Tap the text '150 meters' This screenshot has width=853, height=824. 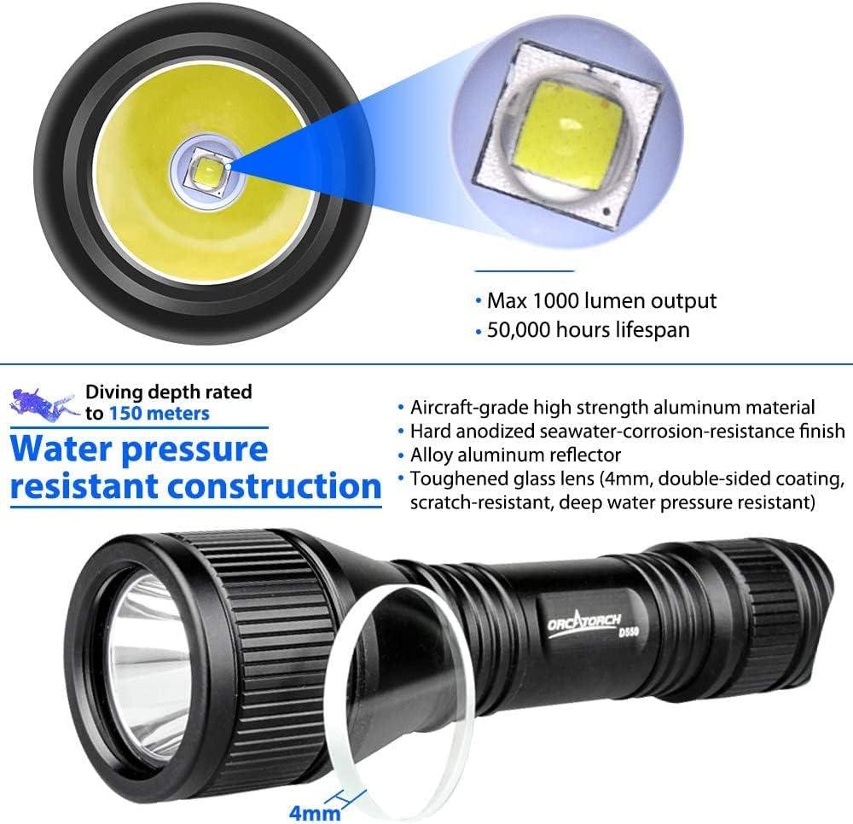(x=159, y=413)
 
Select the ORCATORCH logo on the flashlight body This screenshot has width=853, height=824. (x=584, y=620)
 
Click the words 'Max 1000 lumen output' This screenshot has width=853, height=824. (x=601, y=300)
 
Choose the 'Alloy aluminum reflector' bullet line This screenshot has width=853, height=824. (x=515, y=455)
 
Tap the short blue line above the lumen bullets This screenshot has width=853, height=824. (x=524, y=270)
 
